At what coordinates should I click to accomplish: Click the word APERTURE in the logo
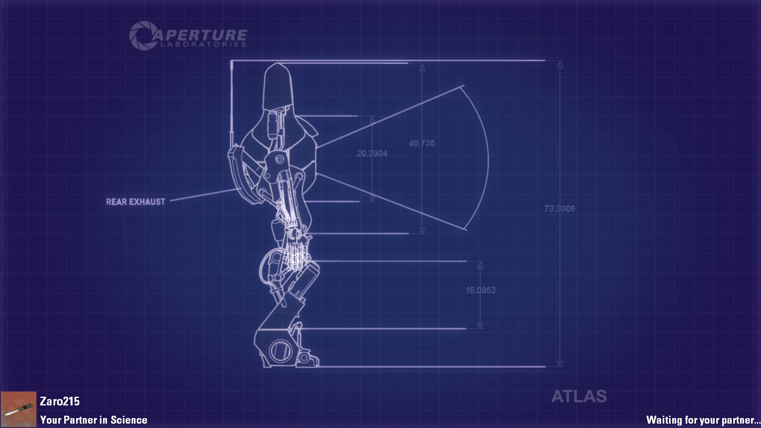[200, 35]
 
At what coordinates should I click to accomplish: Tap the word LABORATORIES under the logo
[203, 44]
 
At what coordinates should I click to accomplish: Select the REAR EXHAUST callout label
[136, 202]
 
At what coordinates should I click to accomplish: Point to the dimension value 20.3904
[372, 153]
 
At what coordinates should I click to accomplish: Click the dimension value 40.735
[422, 143]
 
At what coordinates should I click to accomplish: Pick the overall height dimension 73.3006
[560, 208]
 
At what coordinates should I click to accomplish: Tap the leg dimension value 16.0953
[480, 290]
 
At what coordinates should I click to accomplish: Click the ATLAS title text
[579, 396]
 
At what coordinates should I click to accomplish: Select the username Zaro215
[60, 401]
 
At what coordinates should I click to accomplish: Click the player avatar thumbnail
[18, 409]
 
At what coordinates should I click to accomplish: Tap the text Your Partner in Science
[94, 420]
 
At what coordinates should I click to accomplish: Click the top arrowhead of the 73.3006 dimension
[560, 65]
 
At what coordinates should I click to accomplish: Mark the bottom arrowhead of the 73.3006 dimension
[560, 363]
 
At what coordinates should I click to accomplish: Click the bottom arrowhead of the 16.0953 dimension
[480, 326]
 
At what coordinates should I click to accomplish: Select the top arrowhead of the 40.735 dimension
[422, 67]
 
